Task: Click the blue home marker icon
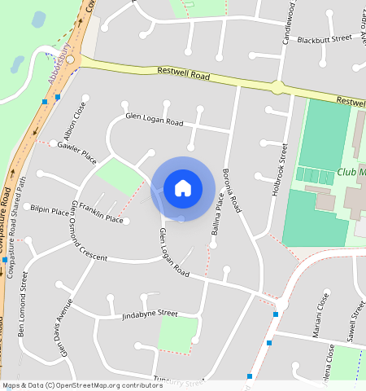tap(183, 188)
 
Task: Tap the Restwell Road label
tap(184, 76)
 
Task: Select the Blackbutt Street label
tap(324, 38)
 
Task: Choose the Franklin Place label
tap(102, 217)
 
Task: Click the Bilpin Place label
tap(50, 209)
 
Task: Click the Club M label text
tap(351, 173)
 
